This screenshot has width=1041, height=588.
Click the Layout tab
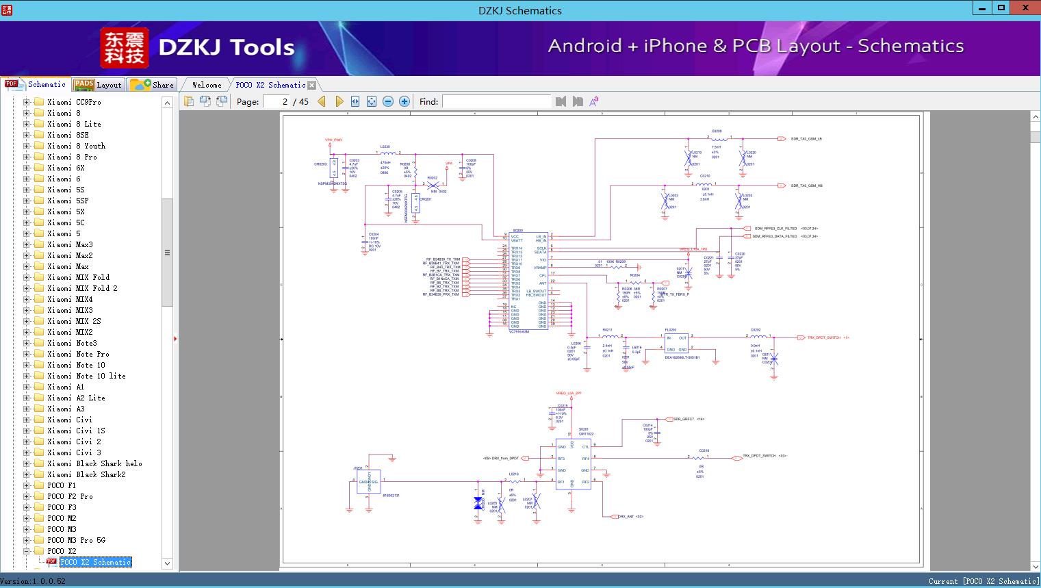click(x=98, y=85)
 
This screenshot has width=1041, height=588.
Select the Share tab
click(x=152, y=85)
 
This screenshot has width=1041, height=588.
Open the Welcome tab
click(x=206, y=85)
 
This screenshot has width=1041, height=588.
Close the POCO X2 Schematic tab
click(x=312, y=86)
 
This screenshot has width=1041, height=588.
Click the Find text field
click(x=496, y=101)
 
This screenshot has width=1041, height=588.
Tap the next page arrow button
click(x=339, y=101)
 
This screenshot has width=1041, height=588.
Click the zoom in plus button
click(x=404, y=101)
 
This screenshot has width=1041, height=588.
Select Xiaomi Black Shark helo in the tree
click(x=94, y=463)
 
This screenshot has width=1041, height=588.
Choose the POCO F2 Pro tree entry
click(x=70, y=496)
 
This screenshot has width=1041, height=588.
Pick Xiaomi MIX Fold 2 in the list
click(x=82, y=288)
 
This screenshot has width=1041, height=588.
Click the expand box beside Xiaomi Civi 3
click(x=27, y=452)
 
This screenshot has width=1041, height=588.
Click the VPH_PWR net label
click(x=333, y=140)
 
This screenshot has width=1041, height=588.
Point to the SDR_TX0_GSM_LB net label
click(x=806, y=139)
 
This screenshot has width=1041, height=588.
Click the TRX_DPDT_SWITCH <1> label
click(x=827, y=337)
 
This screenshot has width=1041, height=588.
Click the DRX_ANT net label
click(x=630, y=517)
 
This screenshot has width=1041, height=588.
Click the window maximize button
click(x=1001, y=8)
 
